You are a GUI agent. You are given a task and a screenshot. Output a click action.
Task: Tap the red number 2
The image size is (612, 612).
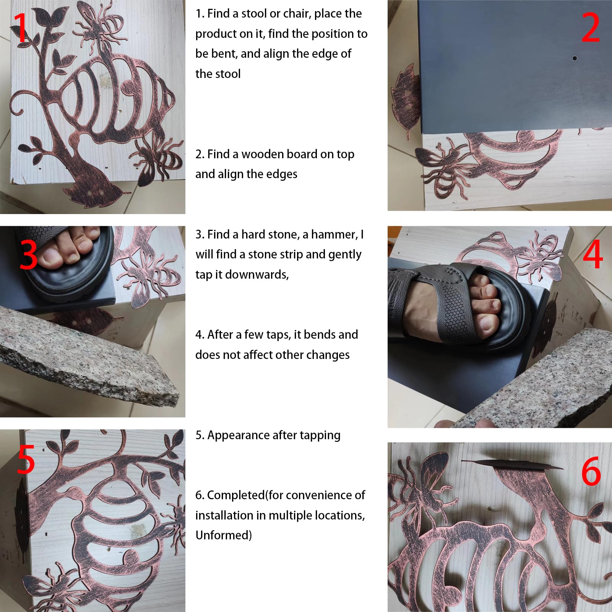point(591,28)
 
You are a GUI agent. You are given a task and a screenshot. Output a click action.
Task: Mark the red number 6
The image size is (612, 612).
point(591,471)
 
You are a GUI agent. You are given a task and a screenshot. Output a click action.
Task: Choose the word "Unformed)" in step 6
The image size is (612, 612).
point(224,535)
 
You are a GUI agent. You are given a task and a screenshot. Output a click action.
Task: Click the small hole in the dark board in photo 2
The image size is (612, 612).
point(575,58)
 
